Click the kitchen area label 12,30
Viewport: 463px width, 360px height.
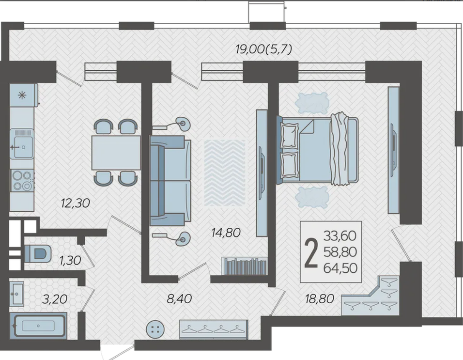tap(75, 203)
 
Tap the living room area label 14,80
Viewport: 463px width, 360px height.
tap(226, 233)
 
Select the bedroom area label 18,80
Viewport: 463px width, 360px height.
tap(320, 299)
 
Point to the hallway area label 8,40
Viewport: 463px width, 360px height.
tap(179, 299)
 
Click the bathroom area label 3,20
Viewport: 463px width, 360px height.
tap(55, 299)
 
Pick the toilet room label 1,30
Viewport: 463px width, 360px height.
tap(70, 261)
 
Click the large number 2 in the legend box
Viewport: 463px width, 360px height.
tap(311, 252)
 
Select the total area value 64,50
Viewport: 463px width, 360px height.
tap(340, 268)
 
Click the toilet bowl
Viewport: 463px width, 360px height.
tap(38, 253)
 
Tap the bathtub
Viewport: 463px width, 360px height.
tap(38, 326)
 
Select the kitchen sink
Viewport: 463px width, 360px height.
tap(22, 144)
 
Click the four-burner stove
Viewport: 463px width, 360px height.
tap(22, 180)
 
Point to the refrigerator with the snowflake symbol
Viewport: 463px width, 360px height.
tap(24, 95)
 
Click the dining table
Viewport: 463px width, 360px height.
tap(116, 153)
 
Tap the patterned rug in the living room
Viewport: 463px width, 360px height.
tap(225, 173)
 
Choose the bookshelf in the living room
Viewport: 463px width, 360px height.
tap(245, 266)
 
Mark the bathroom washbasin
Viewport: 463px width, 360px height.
tap(16, 294)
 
